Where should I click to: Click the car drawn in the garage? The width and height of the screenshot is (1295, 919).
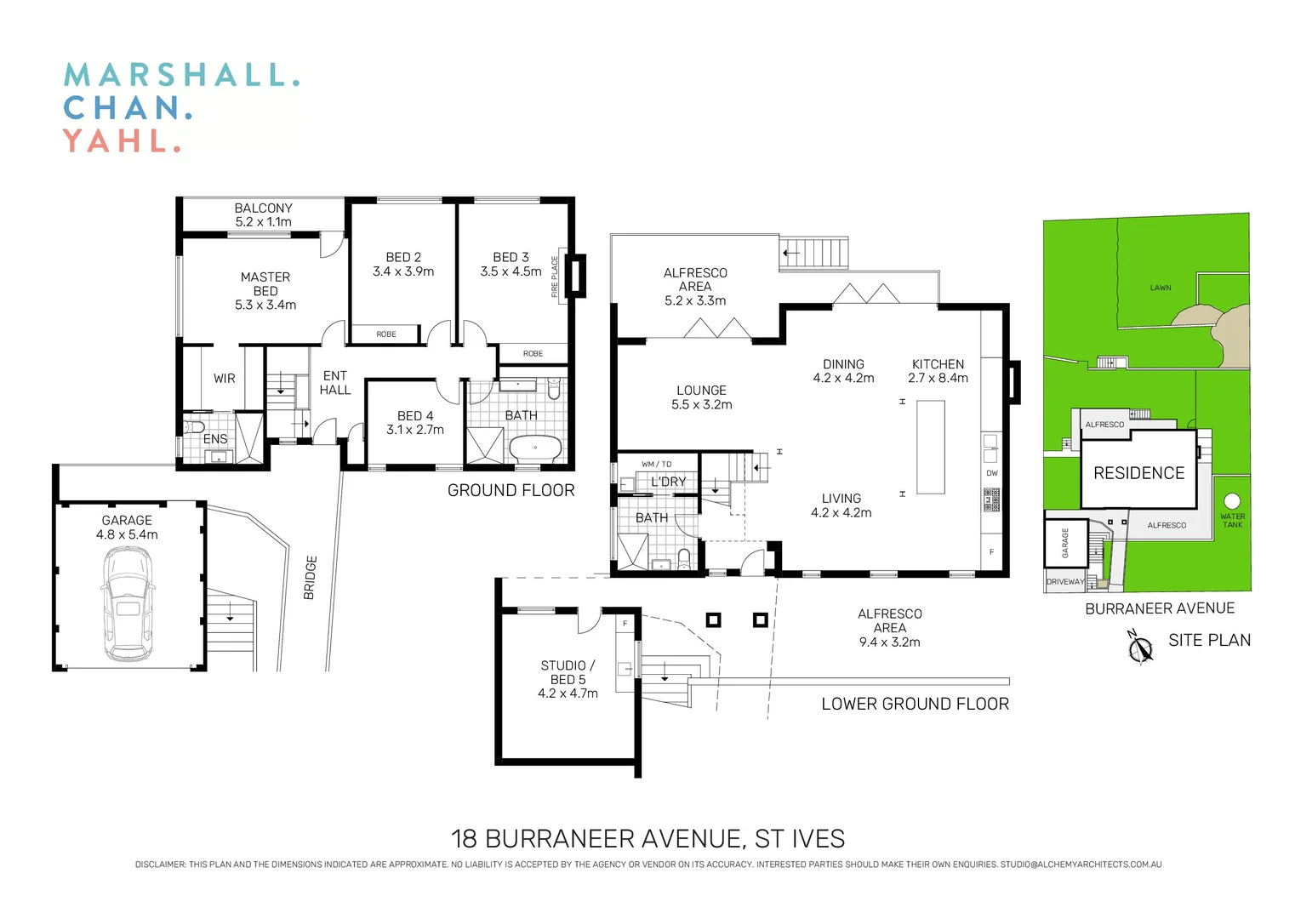128,604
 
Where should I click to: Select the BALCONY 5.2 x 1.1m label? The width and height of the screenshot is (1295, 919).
263,214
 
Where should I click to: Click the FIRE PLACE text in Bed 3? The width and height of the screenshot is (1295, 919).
555,277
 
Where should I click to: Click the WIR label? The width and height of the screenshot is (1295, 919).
225,379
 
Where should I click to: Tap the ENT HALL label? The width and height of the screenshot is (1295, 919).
335,382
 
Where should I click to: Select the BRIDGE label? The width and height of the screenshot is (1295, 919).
311,578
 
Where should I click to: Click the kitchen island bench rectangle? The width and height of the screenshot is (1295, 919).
931,447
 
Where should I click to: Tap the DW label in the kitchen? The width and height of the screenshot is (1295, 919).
992,473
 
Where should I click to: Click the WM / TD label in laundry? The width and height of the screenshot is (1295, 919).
656,464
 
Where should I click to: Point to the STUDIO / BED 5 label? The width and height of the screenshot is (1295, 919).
568,679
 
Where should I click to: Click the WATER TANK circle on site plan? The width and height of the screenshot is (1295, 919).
1232,501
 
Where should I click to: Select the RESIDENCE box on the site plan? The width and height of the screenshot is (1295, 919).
1138,473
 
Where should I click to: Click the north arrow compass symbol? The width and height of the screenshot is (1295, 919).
1139,648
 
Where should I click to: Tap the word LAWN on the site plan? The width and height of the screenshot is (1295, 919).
1161,288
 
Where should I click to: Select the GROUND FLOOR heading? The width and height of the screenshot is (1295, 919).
511,490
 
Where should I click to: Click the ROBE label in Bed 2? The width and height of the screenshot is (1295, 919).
386,334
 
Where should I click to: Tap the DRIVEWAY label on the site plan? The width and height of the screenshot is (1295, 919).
1065,582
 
